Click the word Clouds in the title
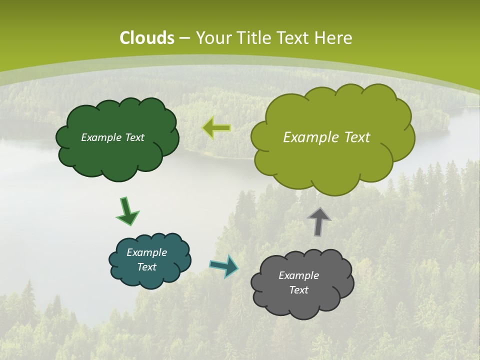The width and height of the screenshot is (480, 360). (147, 38)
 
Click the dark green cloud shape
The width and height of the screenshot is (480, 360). (117, 155)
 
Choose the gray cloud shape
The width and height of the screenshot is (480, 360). (302, 302)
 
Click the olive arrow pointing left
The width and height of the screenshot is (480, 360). (216, 128)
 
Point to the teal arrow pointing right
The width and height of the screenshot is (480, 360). (223, 266)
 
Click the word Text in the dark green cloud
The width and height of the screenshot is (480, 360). (134, 137)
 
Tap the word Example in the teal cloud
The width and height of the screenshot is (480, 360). (146, 252)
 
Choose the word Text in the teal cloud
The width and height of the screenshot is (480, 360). (146, 267)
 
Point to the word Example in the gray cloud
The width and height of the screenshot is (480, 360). (298, 275)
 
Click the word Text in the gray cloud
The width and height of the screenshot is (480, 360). (298, 290)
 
